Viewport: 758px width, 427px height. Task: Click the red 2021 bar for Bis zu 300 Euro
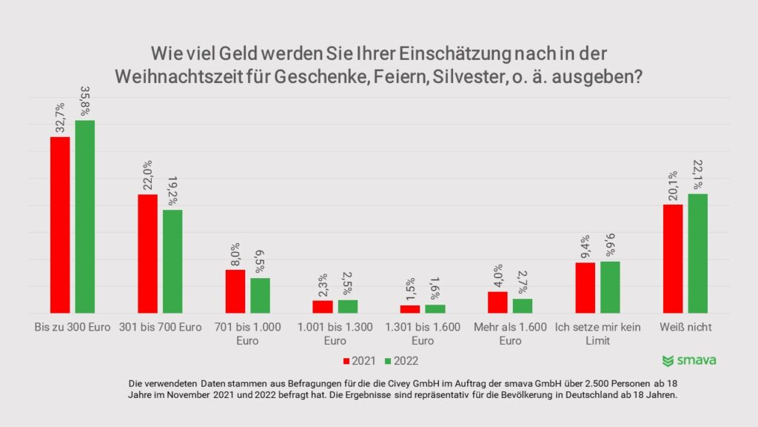(x=60, y=225)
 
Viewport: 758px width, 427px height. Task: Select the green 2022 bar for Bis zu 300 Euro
(x=85, y=216)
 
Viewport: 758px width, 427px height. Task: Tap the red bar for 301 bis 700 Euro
(x=147, y=254)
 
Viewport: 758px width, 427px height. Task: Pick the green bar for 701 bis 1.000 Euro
(x=260, y=295)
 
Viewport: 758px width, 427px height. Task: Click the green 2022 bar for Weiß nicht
(x=698, y=254)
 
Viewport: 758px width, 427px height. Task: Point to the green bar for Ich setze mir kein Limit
(x=610, y=287)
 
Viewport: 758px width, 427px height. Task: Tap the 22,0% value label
(x=147, y=175)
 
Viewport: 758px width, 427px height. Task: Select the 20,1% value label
(x=673, y=185)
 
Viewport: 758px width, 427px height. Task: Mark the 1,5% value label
(x=410, y=288)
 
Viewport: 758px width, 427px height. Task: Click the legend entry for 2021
(x=358, y=361)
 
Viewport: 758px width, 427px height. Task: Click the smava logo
(x=688, y=361)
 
